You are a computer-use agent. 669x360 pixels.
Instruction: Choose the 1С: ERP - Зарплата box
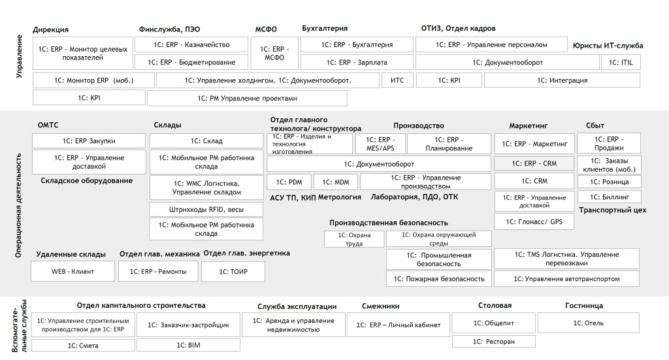click(356, 62)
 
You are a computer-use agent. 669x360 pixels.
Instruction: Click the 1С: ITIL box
click(621, 62)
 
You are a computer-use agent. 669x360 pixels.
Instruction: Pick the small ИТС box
click(397, 80)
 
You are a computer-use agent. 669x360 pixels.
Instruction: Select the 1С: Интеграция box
click(562, 80)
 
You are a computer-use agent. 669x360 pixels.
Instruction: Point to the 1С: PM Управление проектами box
click(247, 98)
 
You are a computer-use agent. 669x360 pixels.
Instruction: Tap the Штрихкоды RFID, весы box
click(206, 209)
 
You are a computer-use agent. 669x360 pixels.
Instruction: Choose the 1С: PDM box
click(289, 182)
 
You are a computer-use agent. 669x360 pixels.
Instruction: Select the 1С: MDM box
click(335, 182)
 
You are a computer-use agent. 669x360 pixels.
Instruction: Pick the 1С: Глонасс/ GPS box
click(534, 222)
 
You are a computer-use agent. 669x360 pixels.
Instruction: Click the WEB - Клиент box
click(73, 271)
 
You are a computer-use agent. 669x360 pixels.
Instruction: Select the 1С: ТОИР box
click(233, 271)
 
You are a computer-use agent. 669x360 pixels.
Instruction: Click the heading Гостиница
click(583, 306)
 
